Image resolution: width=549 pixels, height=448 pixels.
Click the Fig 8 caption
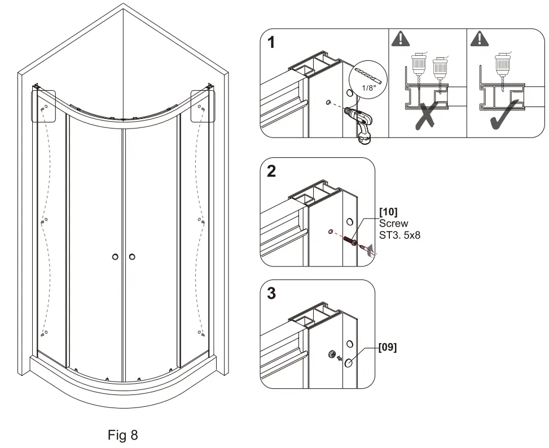coord(122,435)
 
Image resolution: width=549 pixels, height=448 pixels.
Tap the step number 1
coord(272,43)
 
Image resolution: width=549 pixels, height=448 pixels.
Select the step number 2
coord(272,172)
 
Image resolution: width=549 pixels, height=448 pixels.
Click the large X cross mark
coord(428,117)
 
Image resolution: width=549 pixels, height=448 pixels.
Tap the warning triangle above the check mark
coord(480,38)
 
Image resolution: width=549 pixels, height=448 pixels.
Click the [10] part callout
coord(388,211)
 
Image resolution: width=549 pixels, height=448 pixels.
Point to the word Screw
coord(393,224)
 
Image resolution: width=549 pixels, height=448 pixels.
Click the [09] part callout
coord(387,348)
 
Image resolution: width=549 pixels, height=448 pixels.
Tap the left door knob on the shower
coord(115,257)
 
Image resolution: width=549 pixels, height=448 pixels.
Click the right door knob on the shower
coord(132,257)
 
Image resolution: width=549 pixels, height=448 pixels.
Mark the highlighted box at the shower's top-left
coord(43,105)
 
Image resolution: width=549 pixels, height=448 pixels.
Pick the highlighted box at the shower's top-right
coord(203,105)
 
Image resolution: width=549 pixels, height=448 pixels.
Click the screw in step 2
coord(350,241)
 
